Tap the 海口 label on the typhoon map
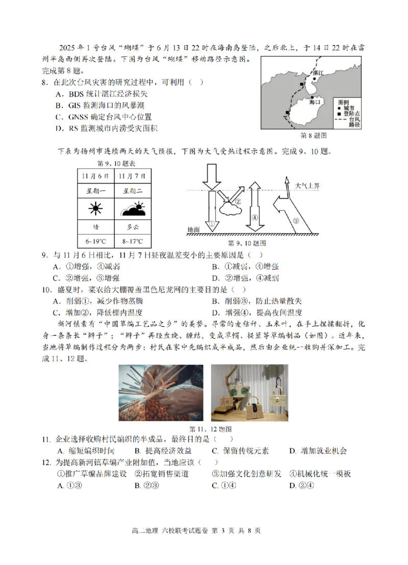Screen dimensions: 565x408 315,102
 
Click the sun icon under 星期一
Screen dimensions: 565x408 95,209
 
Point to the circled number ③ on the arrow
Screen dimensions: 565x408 297,220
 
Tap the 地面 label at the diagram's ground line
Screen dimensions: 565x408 193,230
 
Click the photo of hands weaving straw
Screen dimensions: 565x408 161,392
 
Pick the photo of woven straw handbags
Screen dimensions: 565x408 249,392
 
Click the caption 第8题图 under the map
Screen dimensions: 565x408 313,136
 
